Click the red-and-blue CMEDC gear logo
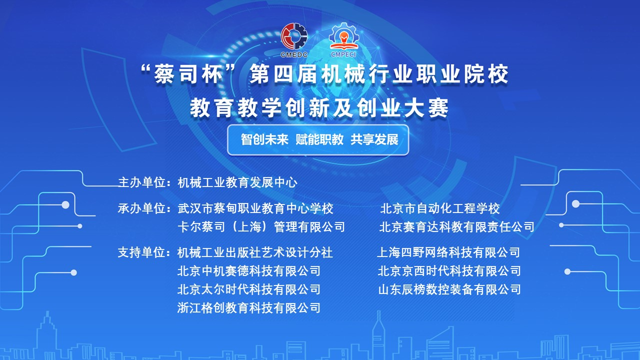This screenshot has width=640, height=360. (294, 40)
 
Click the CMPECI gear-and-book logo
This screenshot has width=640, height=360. (343, 40)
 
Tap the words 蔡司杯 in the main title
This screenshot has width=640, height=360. (188, 74)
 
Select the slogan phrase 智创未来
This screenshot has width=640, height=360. (264, 139)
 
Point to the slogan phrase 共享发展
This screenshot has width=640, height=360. (374, 139)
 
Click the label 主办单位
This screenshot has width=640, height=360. (142, 182)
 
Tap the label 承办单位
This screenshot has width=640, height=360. (142, 208)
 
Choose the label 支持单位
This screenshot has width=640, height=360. (142, 252)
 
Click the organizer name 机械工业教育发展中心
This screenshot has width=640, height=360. (237, 182)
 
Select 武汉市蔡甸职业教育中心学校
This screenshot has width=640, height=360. (255, 208)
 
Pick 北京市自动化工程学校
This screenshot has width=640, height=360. (439, 208)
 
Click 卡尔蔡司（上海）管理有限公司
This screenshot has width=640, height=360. (261, 227)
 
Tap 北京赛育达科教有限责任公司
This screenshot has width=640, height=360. (456, 227)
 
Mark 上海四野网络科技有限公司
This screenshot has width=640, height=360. (448, 252)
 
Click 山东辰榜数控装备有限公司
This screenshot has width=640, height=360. (449, 289)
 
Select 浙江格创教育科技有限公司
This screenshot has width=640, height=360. (248, 307)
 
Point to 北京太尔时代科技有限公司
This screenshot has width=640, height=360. (248, 289)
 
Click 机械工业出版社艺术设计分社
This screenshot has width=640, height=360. (255, 252)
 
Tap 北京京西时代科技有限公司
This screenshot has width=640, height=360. (449, 271)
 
